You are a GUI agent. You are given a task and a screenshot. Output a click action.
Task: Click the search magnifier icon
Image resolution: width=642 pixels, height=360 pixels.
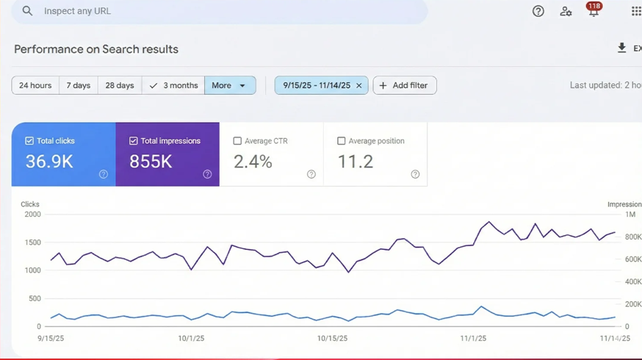point(27,11)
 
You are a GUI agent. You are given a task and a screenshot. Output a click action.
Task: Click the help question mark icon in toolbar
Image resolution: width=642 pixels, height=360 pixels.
point(538,11)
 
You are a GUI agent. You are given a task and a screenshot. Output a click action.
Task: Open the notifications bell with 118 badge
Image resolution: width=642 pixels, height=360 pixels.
point(593,11)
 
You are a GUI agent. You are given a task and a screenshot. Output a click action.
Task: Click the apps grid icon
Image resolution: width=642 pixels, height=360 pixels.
point(636,11)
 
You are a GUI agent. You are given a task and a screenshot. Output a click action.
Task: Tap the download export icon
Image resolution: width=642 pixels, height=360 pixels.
point(621,48)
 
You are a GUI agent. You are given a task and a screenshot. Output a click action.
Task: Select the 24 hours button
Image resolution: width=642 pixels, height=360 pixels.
point(35,85)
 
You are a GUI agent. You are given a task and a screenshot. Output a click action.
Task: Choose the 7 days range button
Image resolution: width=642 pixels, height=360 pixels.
point(78,85)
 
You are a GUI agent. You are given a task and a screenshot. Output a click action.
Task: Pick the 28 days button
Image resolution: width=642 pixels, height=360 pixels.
point(119,85)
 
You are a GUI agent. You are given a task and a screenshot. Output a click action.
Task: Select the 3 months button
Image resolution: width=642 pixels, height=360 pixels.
point(173,85)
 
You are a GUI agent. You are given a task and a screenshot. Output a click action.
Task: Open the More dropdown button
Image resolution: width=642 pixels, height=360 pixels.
point(230,85)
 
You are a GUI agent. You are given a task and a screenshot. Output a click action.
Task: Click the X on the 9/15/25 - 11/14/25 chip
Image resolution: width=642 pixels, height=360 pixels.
point(359,85)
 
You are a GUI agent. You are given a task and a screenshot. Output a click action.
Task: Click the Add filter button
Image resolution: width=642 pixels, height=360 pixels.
point(405,85)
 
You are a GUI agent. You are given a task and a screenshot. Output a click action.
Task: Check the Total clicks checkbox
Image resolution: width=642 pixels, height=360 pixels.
point(29,141)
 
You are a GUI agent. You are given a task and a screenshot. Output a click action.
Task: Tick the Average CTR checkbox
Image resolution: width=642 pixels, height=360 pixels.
point(237,141)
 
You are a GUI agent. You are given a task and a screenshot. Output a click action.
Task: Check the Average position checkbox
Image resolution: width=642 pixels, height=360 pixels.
point(341,141)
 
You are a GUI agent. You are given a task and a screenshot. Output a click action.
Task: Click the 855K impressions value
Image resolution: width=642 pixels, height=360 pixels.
point(151,162)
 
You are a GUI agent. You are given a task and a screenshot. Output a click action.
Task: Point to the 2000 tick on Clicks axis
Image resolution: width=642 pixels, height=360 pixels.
point(32,215)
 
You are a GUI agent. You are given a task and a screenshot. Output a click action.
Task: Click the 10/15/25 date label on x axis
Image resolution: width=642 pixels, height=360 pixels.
point(332,339)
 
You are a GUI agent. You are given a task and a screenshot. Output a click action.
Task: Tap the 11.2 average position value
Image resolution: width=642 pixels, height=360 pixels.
point(355,162)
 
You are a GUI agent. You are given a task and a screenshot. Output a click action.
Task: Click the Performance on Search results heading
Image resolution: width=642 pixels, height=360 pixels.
point(96,49)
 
